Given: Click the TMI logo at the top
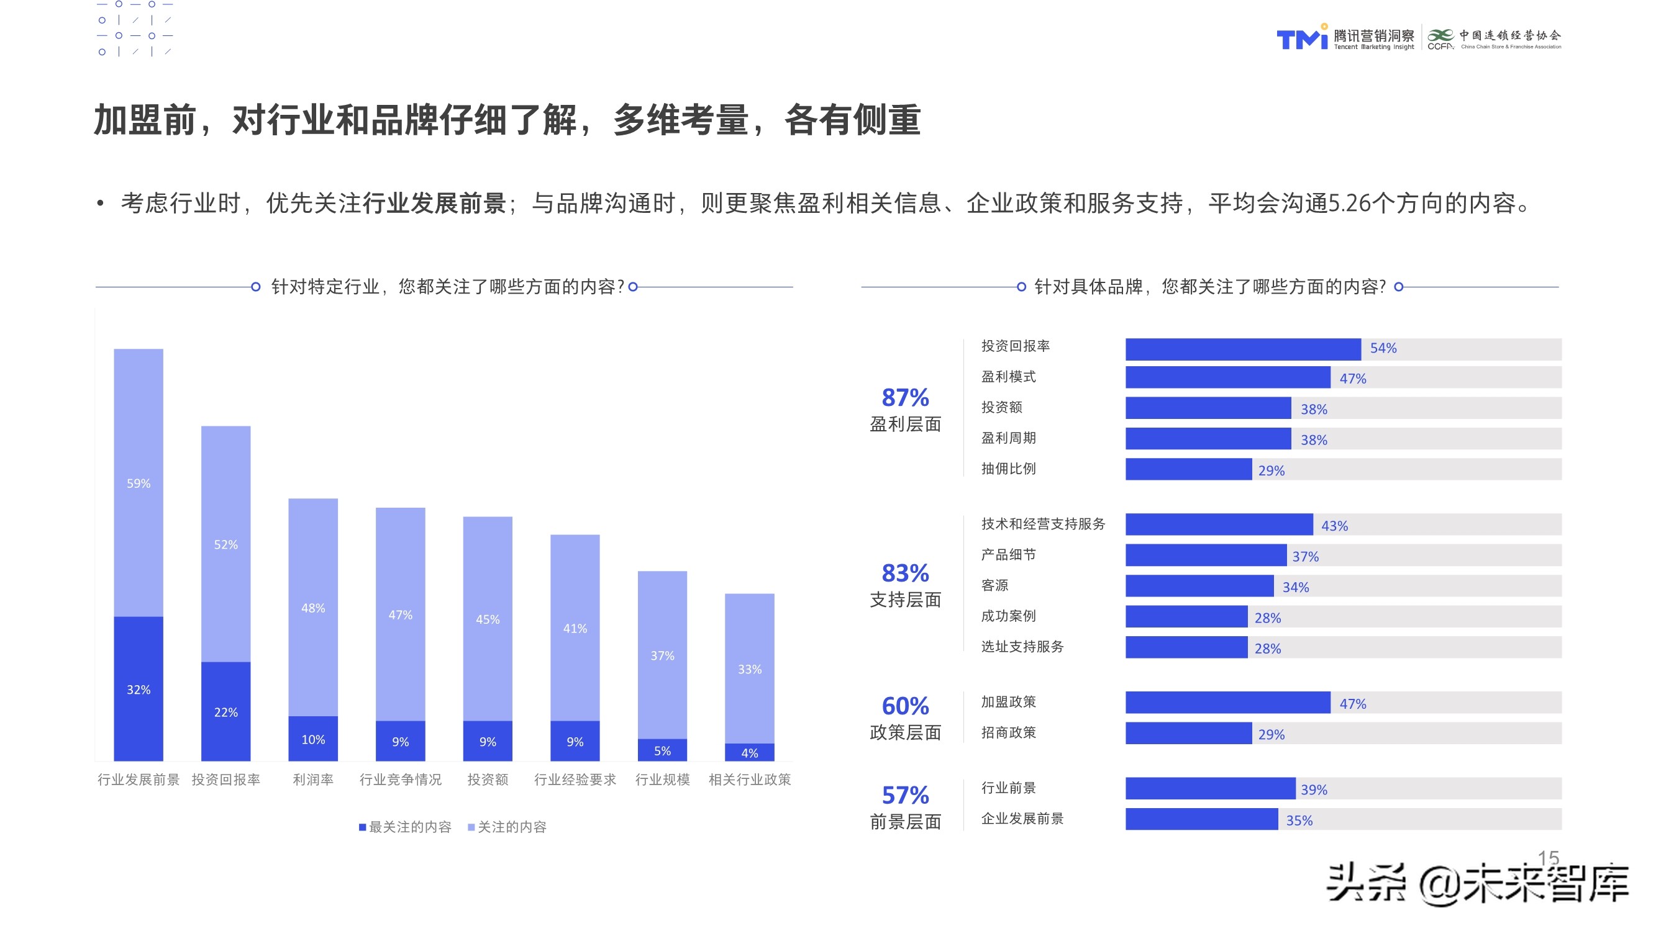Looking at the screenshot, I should click(x=1302, y=38).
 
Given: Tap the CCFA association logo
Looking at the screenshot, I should click(x=1440, y=38).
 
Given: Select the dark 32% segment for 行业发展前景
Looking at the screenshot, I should click(x=139, y=689).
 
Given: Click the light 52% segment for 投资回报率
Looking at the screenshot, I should click(x=225, y=544).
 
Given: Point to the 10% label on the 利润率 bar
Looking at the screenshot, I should click(x=313, y=740).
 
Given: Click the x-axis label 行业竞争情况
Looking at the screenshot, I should click(x=400, y=780).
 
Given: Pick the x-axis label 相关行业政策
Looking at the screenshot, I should click(x=750, y=780).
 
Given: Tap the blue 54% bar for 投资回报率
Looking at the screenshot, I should click(x=1242, y=349).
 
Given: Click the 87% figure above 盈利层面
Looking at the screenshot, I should click(x=905, y=398).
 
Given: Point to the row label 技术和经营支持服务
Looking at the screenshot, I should click(x=1043, y=524).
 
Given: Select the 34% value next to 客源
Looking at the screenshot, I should click(x=1295, y=587).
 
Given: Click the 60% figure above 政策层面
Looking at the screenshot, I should click(x=905, y=706).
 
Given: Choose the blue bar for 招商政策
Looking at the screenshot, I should click(x=1188, y=733).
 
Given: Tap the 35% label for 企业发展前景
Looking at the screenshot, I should click(x=1299, y=821).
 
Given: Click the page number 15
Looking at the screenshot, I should click(x=1548, y=858).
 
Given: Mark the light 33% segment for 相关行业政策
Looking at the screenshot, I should click(x=750, y=668).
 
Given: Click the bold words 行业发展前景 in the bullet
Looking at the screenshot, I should click(x=434, y=203).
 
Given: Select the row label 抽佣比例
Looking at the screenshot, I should click(x=1008, y=469).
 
